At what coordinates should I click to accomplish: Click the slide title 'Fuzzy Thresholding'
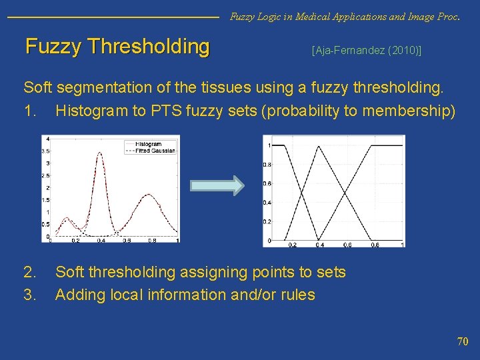click(117, 47)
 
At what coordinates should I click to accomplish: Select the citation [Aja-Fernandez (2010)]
click(366, 51)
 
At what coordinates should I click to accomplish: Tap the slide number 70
click(462, 341)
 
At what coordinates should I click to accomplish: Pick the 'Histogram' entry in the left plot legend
click(148, 144)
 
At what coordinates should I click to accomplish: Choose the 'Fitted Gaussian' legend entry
click(154, 151)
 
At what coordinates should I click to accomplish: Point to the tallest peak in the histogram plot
click(101, 153)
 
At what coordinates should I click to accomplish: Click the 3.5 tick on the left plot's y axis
click(47, 151)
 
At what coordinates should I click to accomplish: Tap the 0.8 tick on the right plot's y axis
click(266, 164)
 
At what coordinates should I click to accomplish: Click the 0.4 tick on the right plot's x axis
click(320, 245)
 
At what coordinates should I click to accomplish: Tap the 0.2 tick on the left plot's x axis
click(76, 240)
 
